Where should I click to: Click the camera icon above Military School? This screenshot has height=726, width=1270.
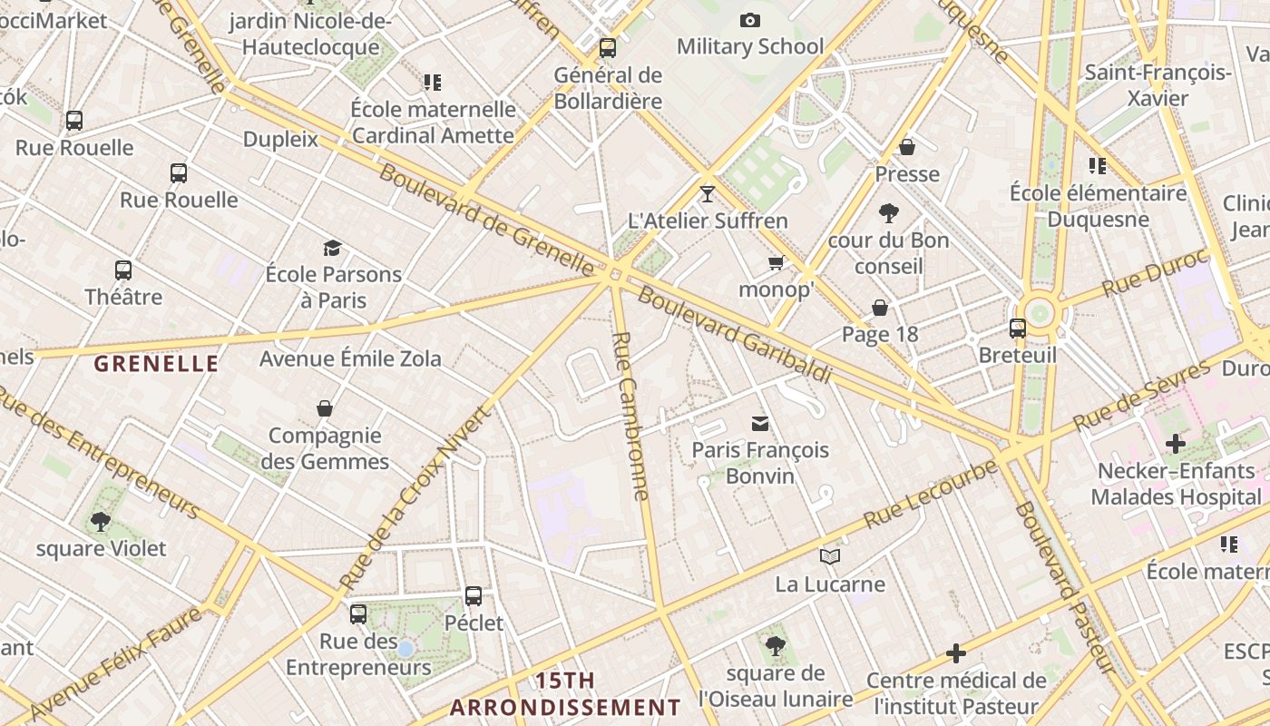click(750, 20)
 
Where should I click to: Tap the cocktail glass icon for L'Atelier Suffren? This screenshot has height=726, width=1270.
click(708, 193)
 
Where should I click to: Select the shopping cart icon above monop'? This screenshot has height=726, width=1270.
click(776, 263)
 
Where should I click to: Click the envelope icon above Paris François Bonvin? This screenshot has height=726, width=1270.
click(760, 423)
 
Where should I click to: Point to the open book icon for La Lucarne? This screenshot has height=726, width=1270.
click(830, 556)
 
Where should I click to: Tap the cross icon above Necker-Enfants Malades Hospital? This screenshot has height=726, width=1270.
click(1176, 444)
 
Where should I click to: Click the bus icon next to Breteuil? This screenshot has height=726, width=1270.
click(1018, 329)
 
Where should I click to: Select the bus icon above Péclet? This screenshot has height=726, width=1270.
click(474, 596)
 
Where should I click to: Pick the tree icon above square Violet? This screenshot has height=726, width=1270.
click(101, 522)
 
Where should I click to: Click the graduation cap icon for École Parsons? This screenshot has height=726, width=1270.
click(333, 248)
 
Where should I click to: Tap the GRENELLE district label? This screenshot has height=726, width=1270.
click(156, 364)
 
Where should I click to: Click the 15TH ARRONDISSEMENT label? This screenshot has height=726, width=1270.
click(565, 694)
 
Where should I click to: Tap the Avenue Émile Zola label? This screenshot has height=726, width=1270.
click(350, 358)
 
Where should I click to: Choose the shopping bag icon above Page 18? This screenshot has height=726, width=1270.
click(880, 308)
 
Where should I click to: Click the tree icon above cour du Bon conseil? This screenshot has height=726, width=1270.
click(889, 213)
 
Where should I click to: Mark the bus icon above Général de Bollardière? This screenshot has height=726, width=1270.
click(608, 47)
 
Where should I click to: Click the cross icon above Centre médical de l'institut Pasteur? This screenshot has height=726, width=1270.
click(956, 652)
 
